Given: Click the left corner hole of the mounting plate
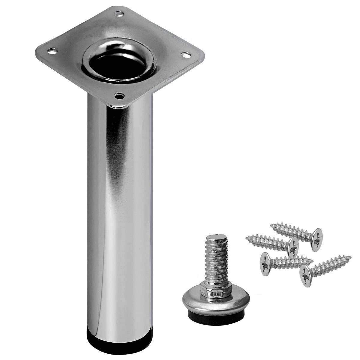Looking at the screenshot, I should pyautogui.click(x=52, y=51).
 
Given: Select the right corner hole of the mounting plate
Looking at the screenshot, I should pyautogui.click(x=186, y=55).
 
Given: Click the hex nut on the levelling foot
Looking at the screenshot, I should pyautogui.click(x=217, y=290).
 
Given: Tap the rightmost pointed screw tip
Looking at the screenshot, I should pyautogui.click(x=350, y=257).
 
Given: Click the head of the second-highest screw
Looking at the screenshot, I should pyautogui.click(x=293, y=247).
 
